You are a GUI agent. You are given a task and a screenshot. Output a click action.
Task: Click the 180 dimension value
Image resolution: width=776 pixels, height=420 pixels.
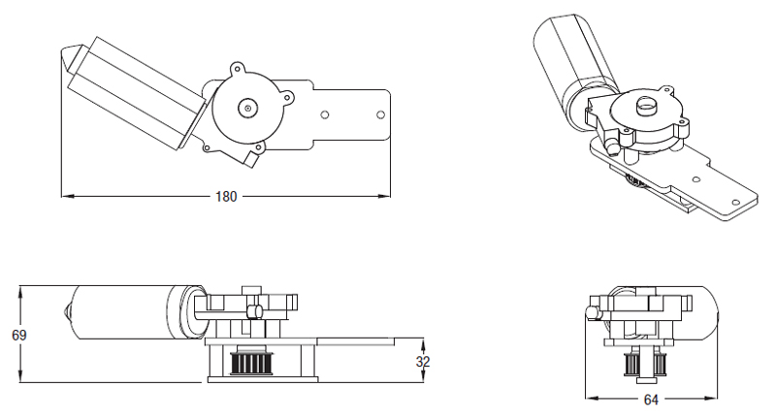[225, 196]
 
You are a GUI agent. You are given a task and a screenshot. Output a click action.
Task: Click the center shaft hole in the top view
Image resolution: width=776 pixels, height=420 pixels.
[248, 109]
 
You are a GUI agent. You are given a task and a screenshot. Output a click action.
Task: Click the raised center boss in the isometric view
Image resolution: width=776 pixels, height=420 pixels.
[646, 106]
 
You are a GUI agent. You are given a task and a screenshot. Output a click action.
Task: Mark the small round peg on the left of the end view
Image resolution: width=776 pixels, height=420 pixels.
[592, 312]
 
